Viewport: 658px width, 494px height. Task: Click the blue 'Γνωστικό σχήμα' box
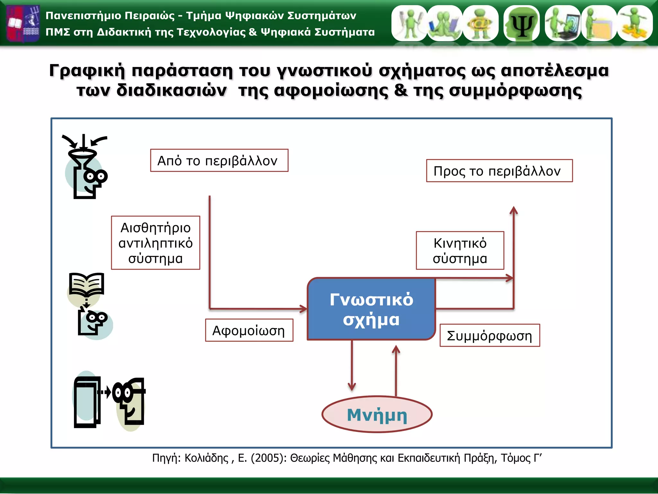coord(371,309)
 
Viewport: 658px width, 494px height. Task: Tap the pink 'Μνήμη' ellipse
coord(377,415)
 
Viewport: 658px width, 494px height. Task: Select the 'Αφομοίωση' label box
coord(249,330)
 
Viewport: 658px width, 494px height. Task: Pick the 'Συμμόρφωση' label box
coord(489,335)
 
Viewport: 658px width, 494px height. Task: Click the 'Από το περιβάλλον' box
coord(219,160)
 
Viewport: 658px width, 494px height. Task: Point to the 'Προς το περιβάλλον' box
coord(499,171)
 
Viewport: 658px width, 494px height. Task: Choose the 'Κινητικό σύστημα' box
coord(460,251)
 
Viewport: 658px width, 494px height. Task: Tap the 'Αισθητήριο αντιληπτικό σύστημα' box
coord(156,243)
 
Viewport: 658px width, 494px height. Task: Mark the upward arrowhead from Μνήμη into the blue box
coord(396,349)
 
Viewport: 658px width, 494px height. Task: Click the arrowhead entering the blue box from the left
coord(303,309)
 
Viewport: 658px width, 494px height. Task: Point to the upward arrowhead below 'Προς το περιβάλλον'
coord(514,211)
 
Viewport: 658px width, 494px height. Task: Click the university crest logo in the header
coord(23,23)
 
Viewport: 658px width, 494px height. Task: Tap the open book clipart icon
coord(86,284)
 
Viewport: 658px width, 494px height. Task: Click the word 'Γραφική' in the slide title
coord(87,70)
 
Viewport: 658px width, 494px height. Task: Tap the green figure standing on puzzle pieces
coord(635,23)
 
